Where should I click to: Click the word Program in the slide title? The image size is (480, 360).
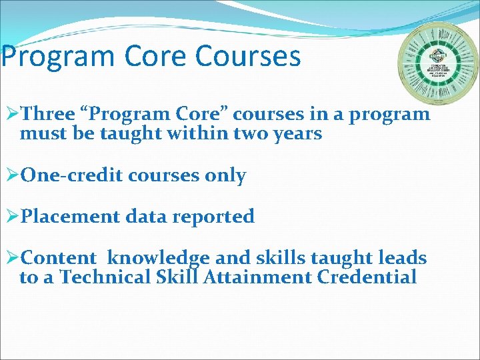click(x=50, y=57)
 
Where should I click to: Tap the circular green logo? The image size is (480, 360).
click(x=438, y=63)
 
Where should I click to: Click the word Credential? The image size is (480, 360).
click(x=367, y=277)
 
